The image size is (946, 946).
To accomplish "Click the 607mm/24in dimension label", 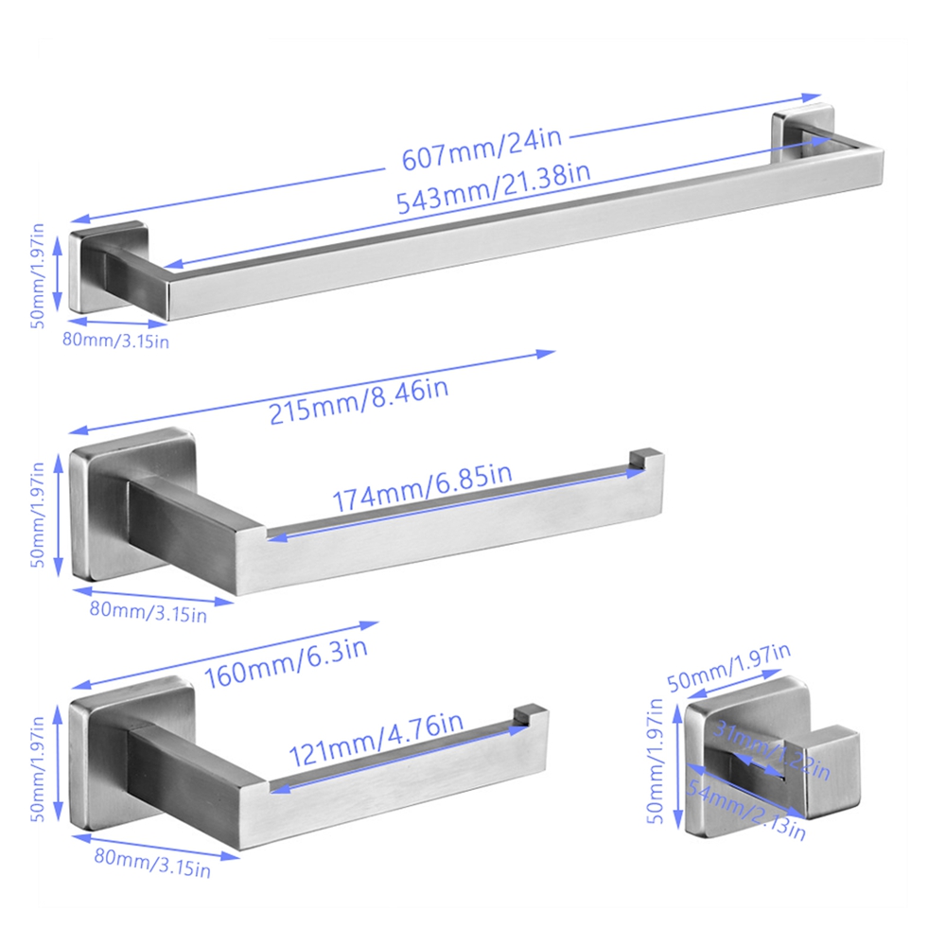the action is [x=482, y=149].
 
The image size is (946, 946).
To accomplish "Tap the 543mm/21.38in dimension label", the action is [x=494, y=188].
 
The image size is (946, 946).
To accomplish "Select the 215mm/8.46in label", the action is [x=359, y=401].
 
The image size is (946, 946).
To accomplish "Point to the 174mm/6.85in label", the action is [x=422, y=488].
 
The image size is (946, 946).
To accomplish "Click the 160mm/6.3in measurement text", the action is [x=286, y=664].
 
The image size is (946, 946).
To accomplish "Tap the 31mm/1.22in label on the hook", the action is [x=772, y=750].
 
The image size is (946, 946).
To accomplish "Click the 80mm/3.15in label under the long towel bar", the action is [x=115, y=341].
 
